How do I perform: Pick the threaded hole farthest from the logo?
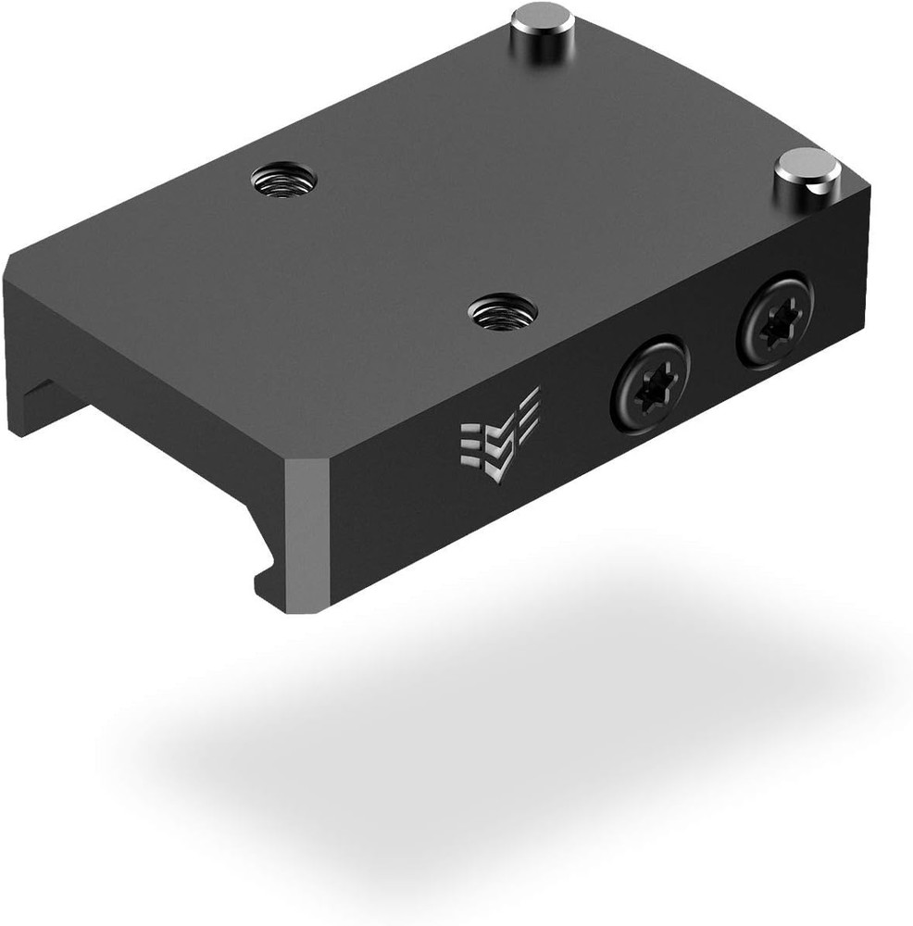coord(283,177)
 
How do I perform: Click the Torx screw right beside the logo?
coord(649,382)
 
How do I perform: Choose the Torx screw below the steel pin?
coord(774,319)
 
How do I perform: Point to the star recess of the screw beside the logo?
coord(650,382)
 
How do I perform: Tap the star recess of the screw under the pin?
coord(775,320)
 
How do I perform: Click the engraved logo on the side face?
coord(500,435)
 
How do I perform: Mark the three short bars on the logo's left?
coord(471,442)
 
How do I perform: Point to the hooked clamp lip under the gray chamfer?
coord(269,579)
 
